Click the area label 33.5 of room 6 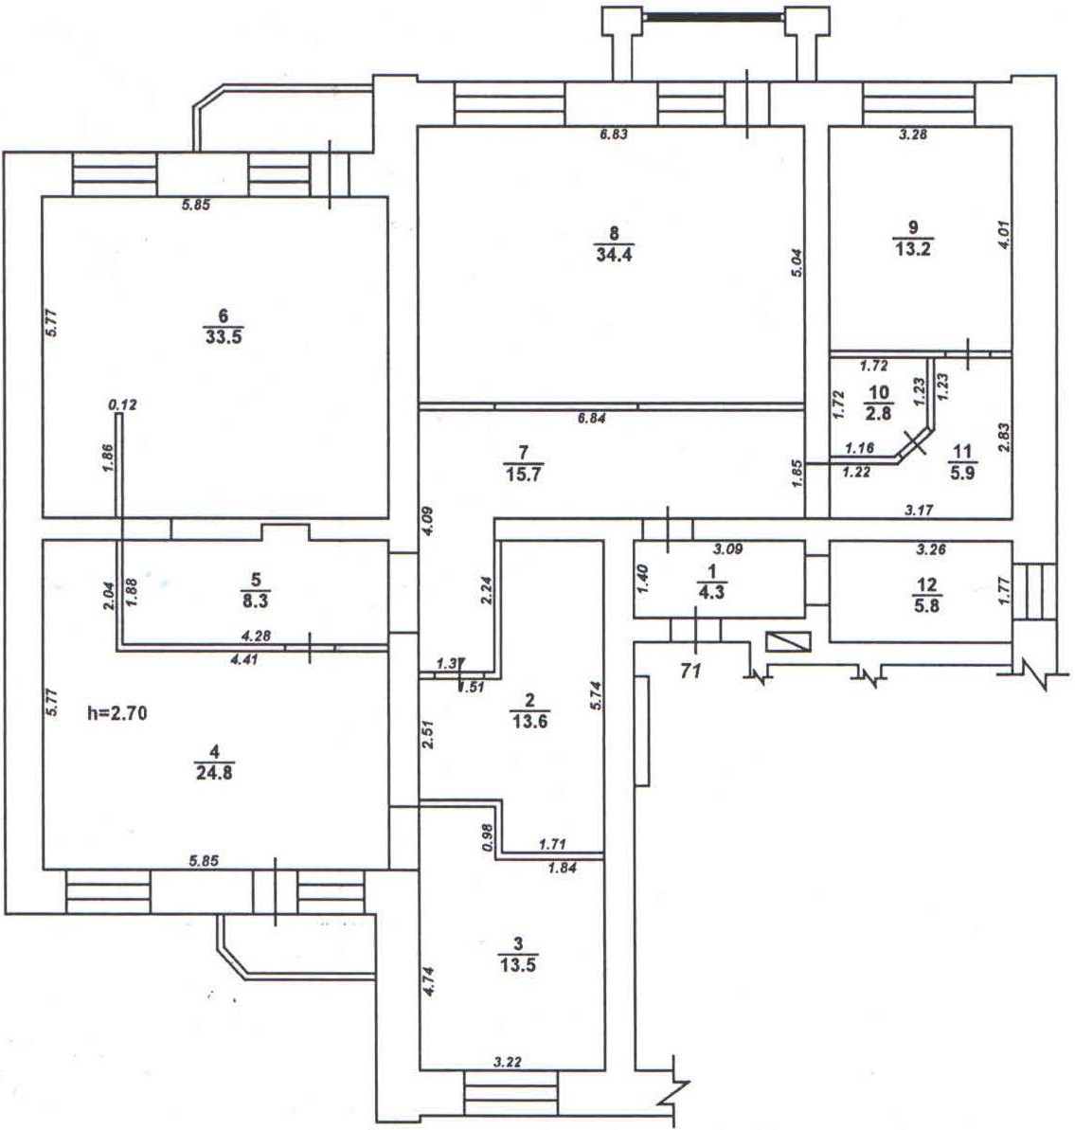tap(224, 336)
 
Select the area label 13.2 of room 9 tap(913, 247)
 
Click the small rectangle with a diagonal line tap(789, 641)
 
